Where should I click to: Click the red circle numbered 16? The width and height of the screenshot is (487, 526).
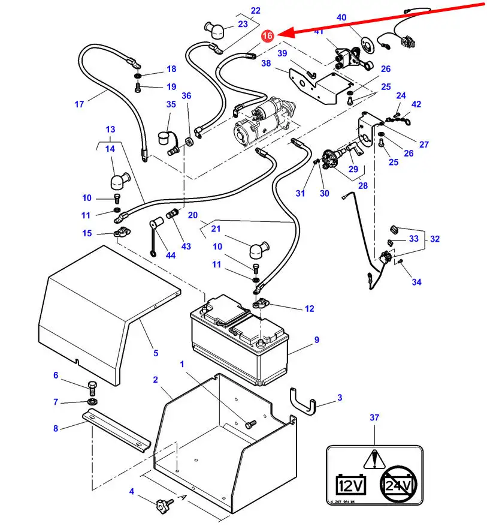pyautogui.click(x=267, y=36)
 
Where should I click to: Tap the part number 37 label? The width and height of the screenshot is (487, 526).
pyautogui.click(x=374, y=417)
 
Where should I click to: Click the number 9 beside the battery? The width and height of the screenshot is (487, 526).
pyautogui.click(x=317, y=340)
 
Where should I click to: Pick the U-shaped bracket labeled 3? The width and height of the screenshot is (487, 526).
pyautogui.click(x=304, y=401)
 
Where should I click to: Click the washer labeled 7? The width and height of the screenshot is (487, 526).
pyautogui.click(x=92, y=401)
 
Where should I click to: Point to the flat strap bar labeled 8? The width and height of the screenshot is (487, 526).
pyautogui.click(x=117, y=429)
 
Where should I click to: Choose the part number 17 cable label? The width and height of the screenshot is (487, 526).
pyautogui.click(x=79, y=104)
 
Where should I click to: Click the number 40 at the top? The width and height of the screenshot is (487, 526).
pyautogui.click(x=341, y=18)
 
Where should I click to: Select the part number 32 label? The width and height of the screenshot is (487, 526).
pyautogui.click(x=434, y=239)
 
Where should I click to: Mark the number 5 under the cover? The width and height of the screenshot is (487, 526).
pyautogui.click(x=156, y=353)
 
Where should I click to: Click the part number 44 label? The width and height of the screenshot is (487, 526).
pyautogui.click(x=155, y=256)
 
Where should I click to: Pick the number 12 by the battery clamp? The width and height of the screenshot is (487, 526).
pyautogui.click(x=309, y=309)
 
